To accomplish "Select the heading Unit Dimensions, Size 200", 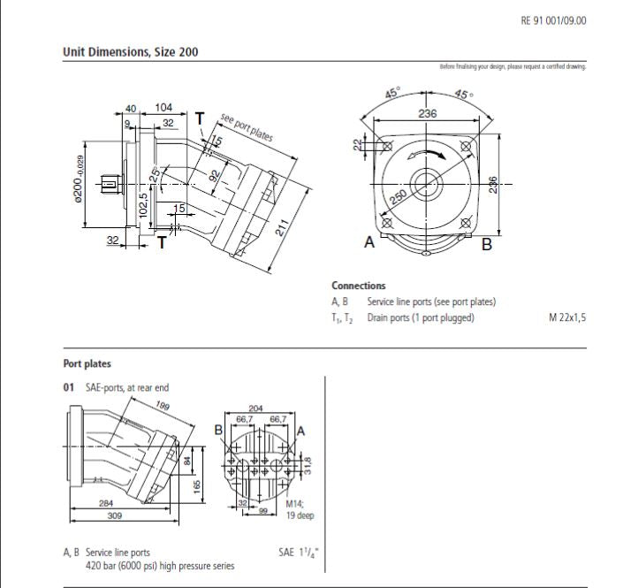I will [x=130, y=52].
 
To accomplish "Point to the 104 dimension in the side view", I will [x=163, y=107].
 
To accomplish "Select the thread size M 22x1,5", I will [x=566, y=317].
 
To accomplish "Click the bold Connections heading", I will [x=358, y=286].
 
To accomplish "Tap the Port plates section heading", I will [x=87, y=363].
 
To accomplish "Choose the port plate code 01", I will [x=68, y=387].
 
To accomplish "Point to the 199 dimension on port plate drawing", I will [x=162, y=406].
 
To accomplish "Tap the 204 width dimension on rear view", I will [x=256, y=409].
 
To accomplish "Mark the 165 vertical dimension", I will [x=197, y=485].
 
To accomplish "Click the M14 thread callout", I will [x=294, y=504].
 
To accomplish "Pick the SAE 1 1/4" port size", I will [x=298, y=553].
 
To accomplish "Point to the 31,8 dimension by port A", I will [x=307, y=464].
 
